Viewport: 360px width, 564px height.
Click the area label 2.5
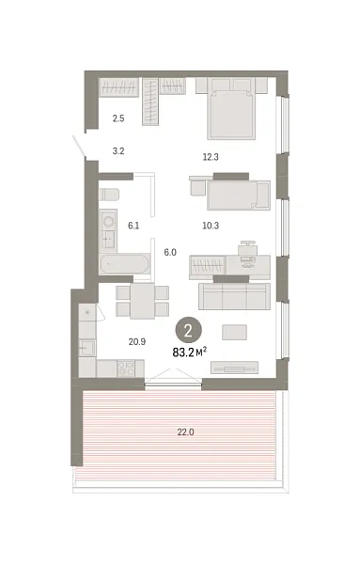pyautogui.click(x=118, y=118)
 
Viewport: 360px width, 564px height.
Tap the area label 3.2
pyautogui.click(x=118, y=149)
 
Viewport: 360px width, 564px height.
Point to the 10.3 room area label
pyautogui.click(x=212, y=227)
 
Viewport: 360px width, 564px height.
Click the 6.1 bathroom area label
pyautogui.click(x=133, y=226)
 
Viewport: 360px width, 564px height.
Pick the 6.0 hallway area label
pyautogui.click(x=170, y=252)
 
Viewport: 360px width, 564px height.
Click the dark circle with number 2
pyautogui.click(x=189, y=330)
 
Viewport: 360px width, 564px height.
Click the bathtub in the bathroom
pyautogui.click(x=125, y=265)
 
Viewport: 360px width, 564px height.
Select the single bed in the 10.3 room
pyautogui.click(x=236, y=196)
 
